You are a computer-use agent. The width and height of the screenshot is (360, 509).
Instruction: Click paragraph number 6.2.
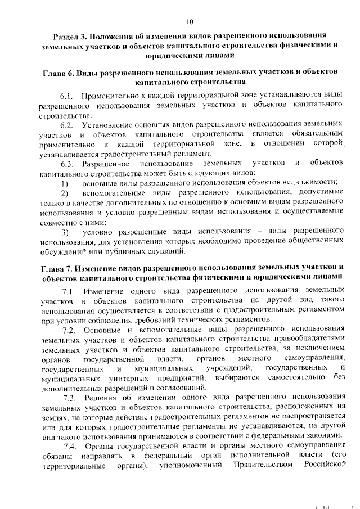[67, 124]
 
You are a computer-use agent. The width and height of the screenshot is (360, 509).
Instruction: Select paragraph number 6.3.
[67, 164]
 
